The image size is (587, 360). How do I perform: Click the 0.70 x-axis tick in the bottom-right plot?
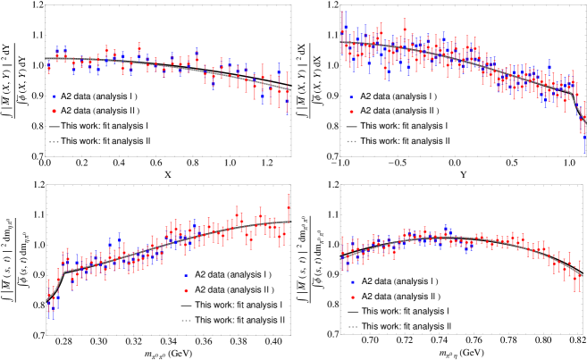tap(365, 340)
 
